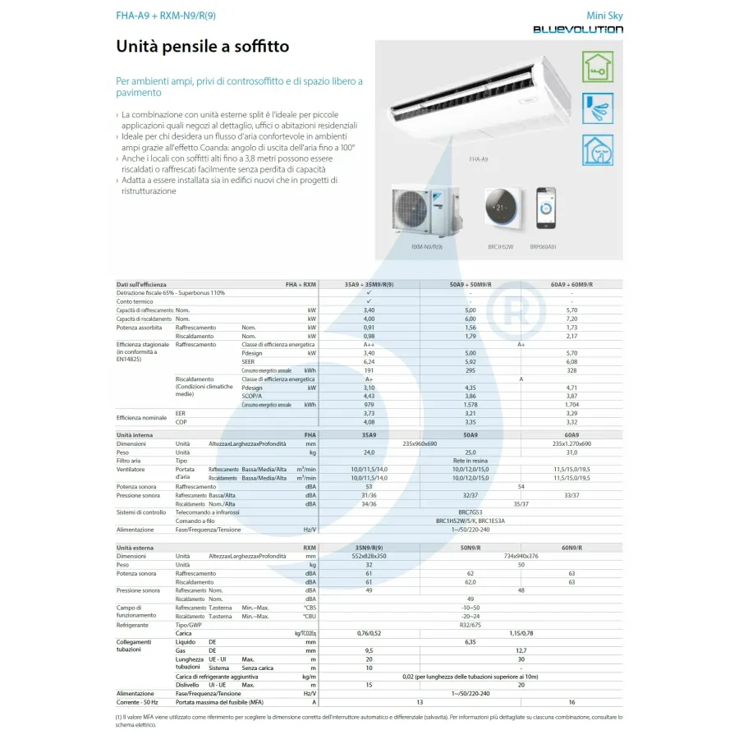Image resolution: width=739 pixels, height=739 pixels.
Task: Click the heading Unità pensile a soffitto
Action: coord(203,47)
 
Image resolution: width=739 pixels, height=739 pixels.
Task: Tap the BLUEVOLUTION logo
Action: coord(577,30)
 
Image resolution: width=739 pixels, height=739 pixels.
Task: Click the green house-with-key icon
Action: coord(597,67)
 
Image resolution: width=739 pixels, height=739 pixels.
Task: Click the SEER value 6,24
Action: coord(369,362)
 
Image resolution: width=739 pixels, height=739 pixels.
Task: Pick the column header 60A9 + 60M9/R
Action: coord(571,284)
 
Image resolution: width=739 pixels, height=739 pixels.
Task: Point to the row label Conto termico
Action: coord(135,301)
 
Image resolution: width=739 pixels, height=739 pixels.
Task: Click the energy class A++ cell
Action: coord(369,345)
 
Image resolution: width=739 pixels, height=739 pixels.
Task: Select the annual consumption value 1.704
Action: coord(571,405)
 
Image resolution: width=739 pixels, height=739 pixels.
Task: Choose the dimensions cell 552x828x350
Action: coord(369,556)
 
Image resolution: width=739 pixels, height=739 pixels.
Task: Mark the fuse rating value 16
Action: coord(571,702)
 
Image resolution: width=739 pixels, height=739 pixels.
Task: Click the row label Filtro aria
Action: coord(130,461)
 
